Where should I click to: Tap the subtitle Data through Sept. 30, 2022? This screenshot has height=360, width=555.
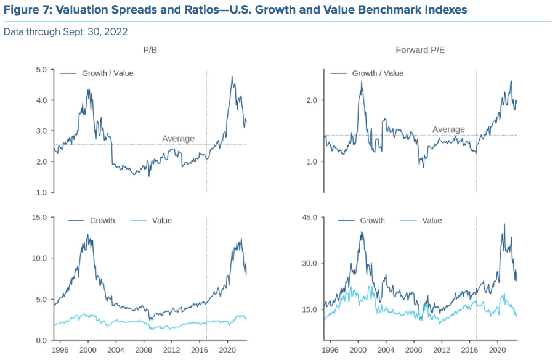click(65, 31)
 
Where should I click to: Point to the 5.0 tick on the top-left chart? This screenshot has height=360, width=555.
click(41, 70)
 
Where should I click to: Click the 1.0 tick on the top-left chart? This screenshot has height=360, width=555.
click(41, 193)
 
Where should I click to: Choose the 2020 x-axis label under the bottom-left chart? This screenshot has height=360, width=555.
click(228, 350)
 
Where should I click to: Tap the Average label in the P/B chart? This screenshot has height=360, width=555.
click(178, 139)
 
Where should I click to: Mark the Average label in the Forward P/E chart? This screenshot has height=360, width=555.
click(448, 129)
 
